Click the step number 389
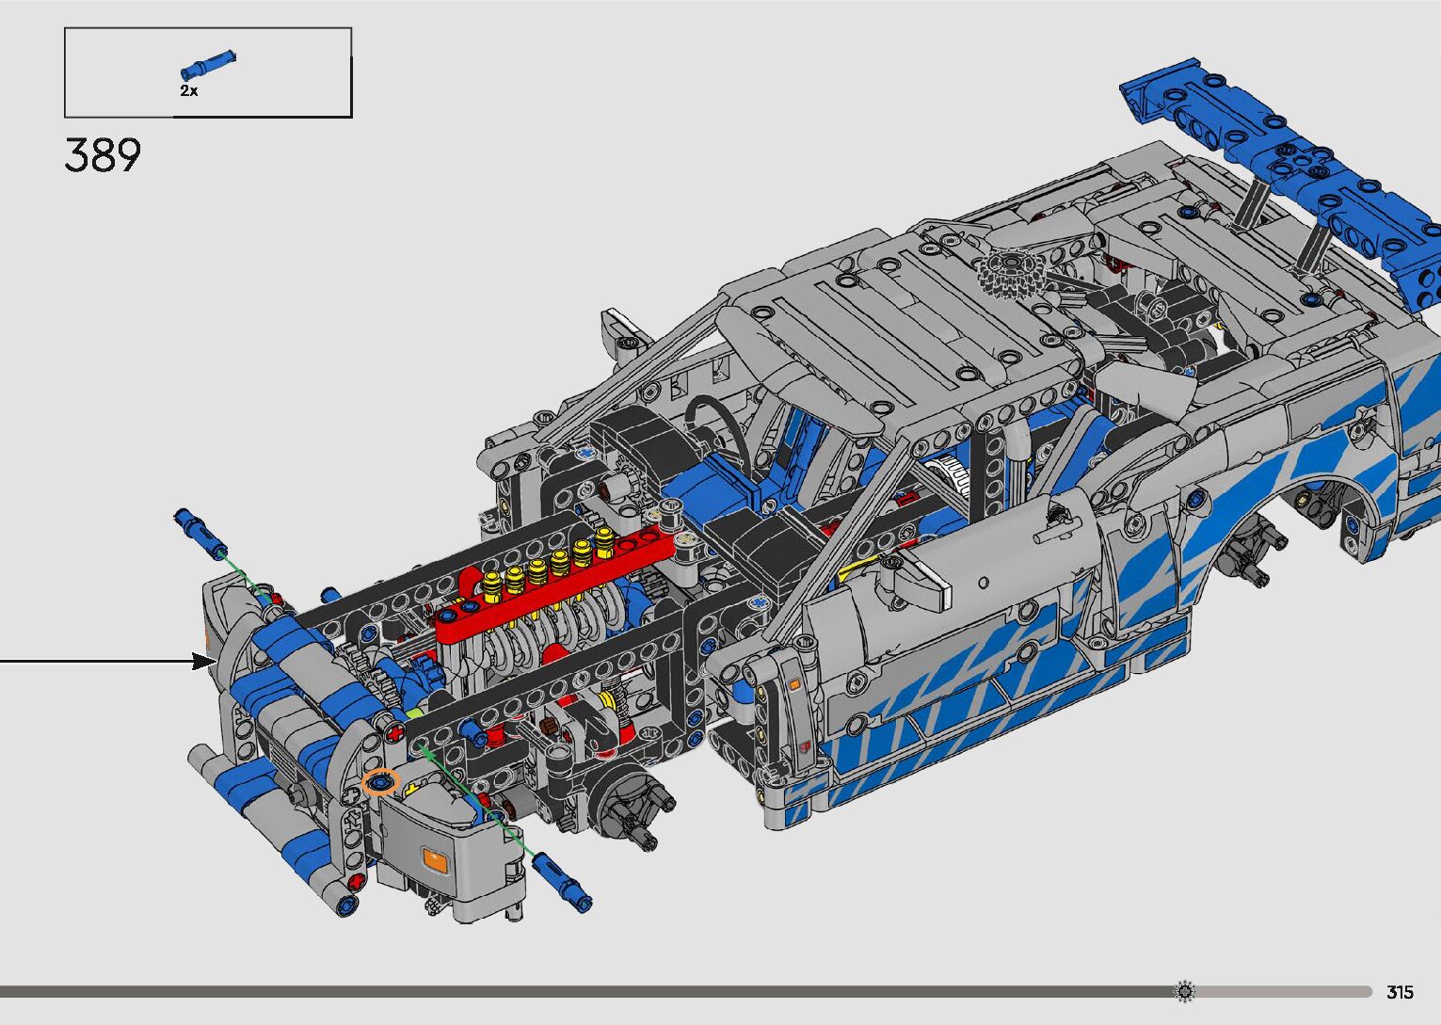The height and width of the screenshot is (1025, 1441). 103,155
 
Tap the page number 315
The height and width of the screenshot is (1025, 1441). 1400,991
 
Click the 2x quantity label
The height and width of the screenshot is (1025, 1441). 188,90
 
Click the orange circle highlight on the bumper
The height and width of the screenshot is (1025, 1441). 380,782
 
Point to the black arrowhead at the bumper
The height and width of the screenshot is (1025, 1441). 204,661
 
